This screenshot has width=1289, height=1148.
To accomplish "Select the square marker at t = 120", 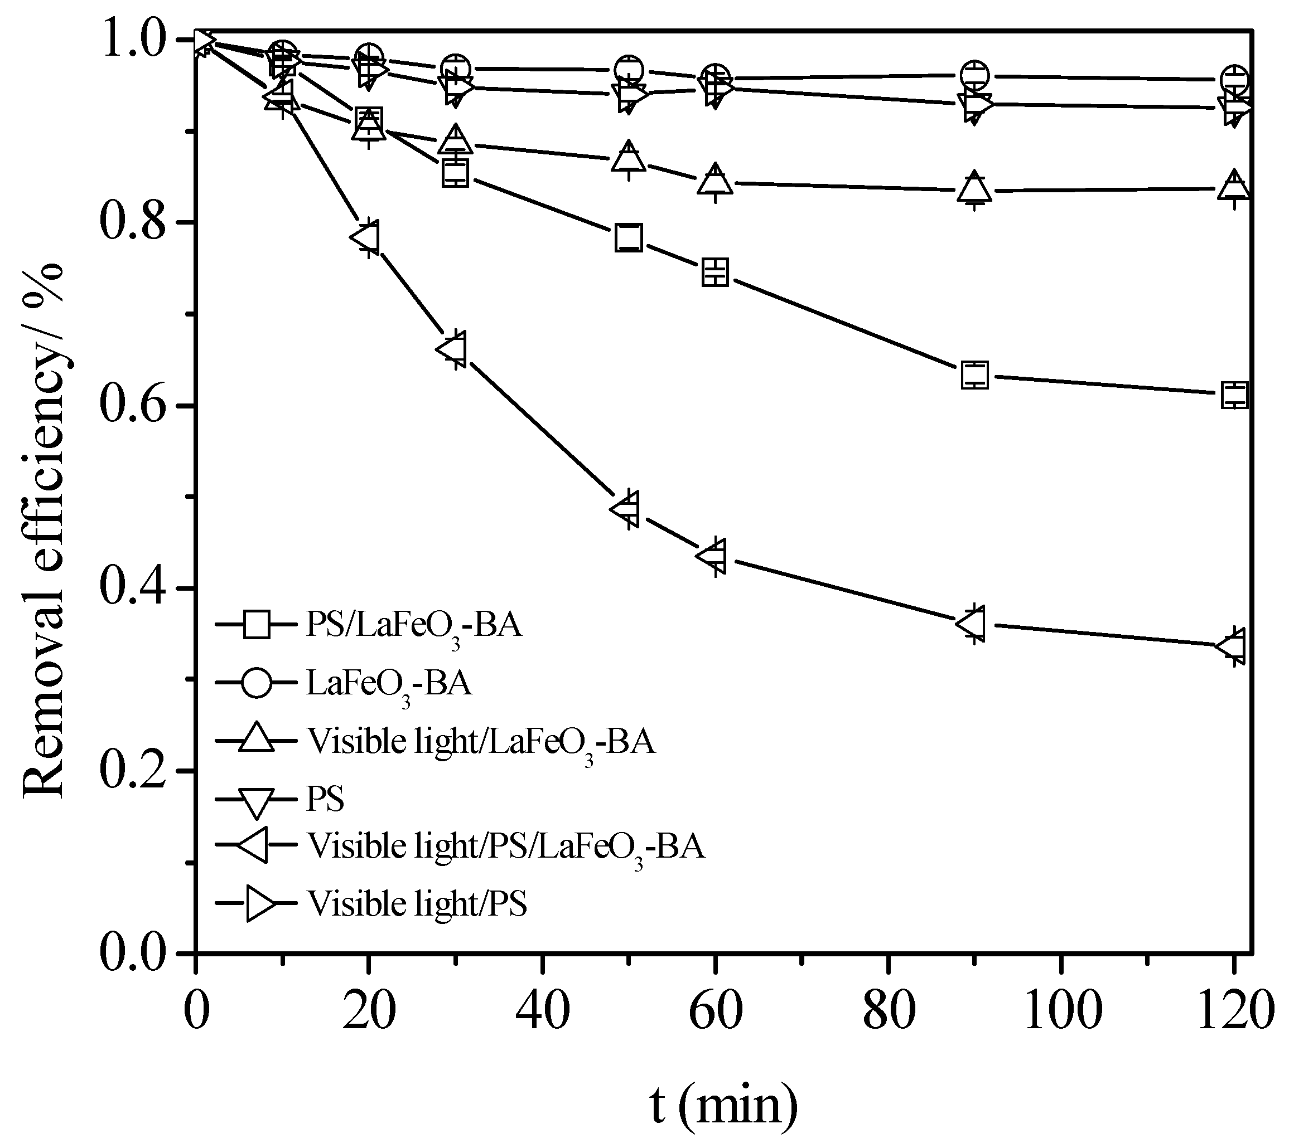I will pos(1234,395).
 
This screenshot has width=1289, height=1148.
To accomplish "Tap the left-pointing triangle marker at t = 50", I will pos(626,508).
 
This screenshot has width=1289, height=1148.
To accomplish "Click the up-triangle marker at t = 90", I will pos(974,188).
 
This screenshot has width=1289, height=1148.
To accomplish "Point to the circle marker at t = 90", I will pos(974,76).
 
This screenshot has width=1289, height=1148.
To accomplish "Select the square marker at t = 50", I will pos(628,237).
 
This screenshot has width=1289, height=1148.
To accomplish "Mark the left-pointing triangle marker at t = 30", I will pos(452,349).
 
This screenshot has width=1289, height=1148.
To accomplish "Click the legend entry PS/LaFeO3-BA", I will pos(414,626).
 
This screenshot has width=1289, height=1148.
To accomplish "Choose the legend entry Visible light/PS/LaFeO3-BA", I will pos(505,847).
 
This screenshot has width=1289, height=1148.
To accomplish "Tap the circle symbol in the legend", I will pos(257,684).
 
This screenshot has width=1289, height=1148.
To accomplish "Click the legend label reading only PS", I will pos(325,799).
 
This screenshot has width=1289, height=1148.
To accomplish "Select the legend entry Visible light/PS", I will pos(417,904).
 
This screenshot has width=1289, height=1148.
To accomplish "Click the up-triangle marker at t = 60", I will pos(715,181).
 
